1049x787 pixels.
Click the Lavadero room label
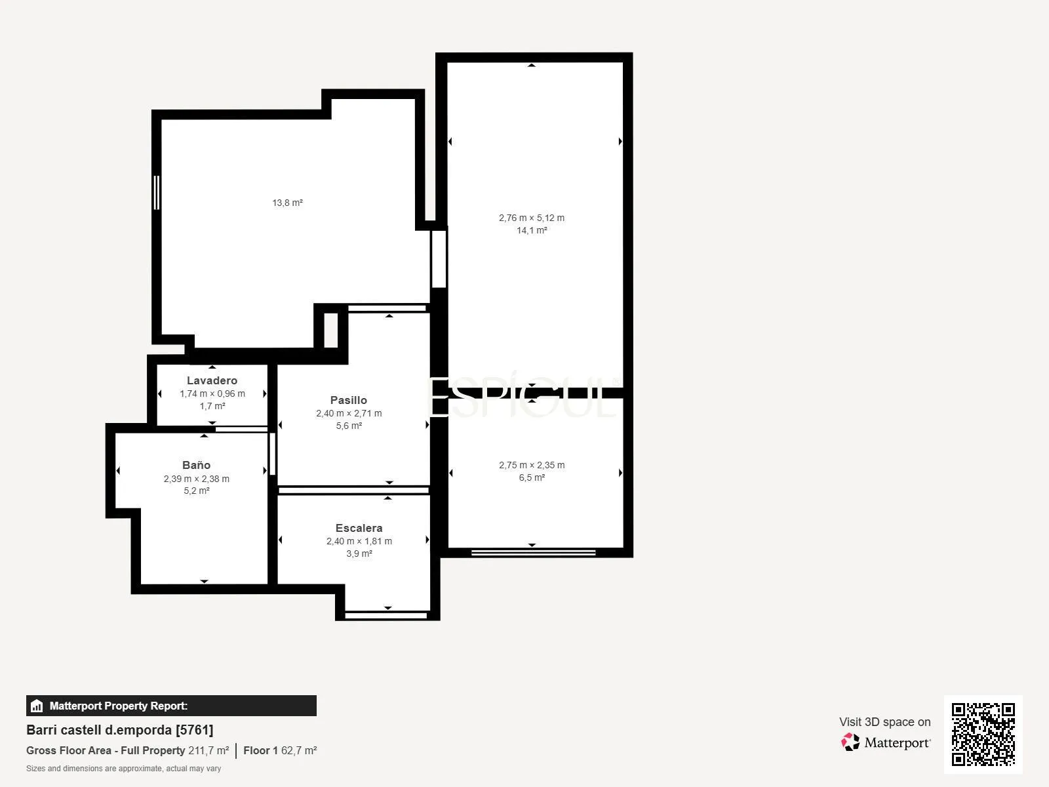212,380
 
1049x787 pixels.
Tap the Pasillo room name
348,400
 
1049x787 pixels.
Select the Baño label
196,465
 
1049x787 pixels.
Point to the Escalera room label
359,528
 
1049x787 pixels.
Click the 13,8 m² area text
287,203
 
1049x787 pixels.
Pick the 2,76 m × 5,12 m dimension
532,218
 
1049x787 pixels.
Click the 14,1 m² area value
532,230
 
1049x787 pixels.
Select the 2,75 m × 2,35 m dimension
532,465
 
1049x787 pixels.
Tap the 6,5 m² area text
532,477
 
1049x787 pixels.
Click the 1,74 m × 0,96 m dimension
212,393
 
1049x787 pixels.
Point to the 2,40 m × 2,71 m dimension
348,413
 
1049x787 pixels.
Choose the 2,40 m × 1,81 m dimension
359,542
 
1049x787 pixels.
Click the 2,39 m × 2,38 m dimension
197,479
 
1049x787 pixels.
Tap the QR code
983,734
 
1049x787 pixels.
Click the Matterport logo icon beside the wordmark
850,742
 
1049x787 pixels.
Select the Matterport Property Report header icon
36,706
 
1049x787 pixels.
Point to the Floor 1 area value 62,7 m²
299,751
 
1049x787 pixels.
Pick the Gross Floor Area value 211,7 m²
208,751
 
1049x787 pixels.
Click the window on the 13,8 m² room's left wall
156,193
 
